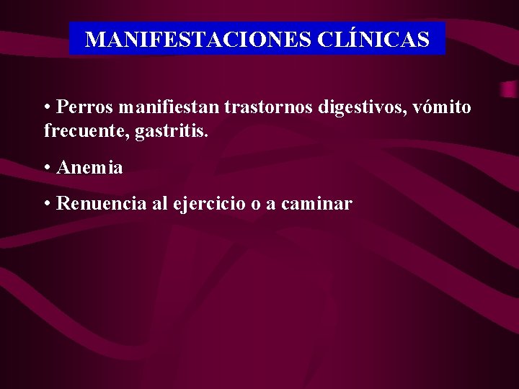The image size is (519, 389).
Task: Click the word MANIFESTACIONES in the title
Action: pos(197,39)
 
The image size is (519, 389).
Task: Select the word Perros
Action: pos(85,107)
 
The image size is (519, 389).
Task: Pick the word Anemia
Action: pos(89,168)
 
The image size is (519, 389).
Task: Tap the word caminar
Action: pos(316,204)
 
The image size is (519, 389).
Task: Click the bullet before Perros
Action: pos(47,108)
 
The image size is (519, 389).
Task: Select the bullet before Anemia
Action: pos(47,168)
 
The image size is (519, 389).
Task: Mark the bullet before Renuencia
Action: pos(47,204)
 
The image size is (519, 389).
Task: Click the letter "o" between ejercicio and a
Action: pos(255,205)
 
